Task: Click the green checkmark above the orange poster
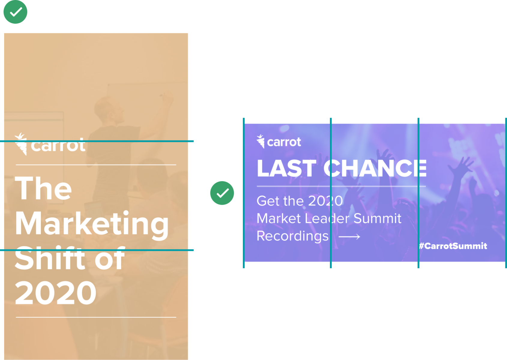tap(15, 12)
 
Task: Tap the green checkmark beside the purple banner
tap(222, 193)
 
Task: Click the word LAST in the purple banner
tap(287, 168)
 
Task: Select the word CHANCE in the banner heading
tap(375, 168)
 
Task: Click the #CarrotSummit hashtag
tap(453, 246)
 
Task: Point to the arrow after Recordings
tap(349, 237)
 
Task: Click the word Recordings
tap(292, 236)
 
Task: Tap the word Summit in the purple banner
tap(377, 218)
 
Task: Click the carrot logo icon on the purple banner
tap(261, 141)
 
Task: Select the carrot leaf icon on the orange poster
tap(21, 144)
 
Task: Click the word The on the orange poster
tap(43, 188)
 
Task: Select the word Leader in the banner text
tap(327, 218)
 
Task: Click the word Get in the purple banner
tap(268, 201)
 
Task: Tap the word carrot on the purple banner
tap(284, 142)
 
